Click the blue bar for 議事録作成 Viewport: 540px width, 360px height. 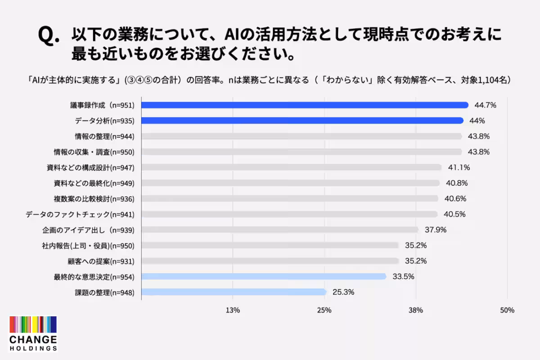(x=305, y=105)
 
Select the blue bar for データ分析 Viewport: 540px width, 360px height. (x=302, y=121)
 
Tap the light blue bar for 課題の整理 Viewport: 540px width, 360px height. (x=234, y=292)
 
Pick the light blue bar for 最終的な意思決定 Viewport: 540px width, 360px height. (x=264, y=277)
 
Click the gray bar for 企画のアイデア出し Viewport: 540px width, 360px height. (x=280, y=230)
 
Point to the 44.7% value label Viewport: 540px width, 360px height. (x=485, y=105)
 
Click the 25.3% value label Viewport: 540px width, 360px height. (x=343, y=292)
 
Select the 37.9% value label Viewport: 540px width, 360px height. (x=436, y=230)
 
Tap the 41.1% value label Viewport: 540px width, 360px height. (x=459, y=167)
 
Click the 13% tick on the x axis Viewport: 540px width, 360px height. (x=233, y=310)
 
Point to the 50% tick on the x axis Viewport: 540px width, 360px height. (x=507, y=310)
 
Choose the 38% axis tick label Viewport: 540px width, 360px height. (x=416, y=310)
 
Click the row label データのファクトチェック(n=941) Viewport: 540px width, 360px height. (x=80, y=214)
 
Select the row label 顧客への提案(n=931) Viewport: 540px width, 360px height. (x=101, y=261)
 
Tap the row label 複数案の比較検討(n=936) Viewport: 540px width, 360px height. (x=94, y=199)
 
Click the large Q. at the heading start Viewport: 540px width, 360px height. (x=49, y=36)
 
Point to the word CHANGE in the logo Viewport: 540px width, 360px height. (x=33, y=339)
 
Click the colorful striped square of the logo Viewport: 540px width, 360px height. (x=33, y=324)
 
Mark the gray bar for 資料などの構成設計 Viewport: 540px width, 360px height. (x=292, y=167)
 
